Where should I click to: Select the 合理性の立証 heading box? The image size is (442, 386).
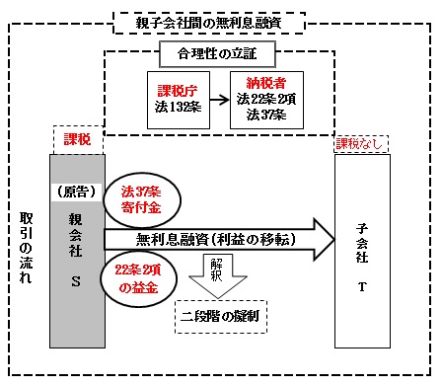click(x=220, y=48)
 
